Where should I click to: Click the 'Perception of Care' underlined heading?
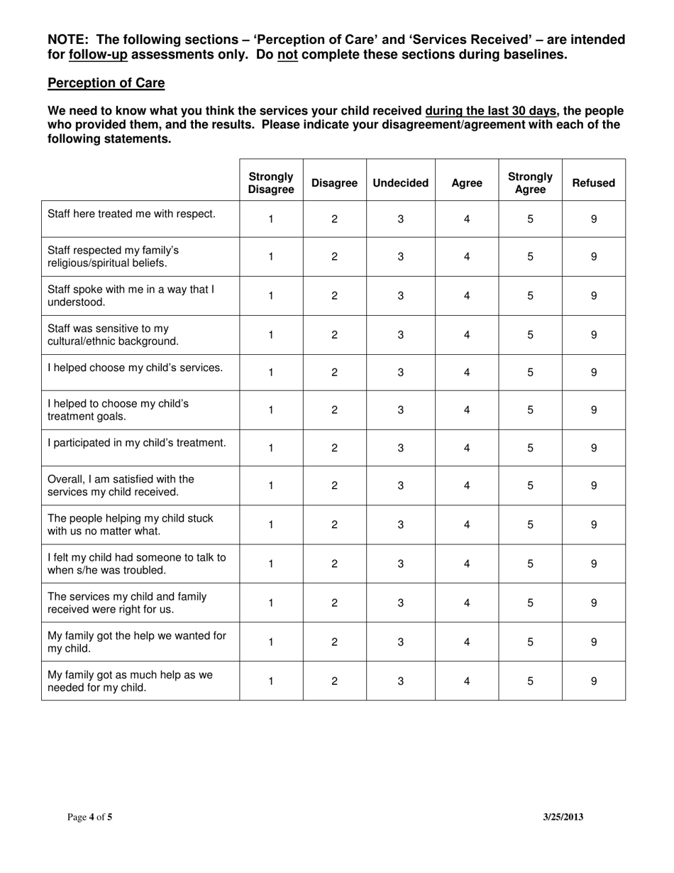[x=106, y=83]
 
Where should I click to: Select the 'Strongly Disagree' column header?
[x=270, y=183]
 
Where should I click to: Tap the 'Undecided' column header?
[x=400, y=183]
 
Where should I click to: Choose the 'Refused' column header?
[x=593, y=183]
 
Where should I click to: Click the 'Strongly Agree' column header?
[x=530, y=183]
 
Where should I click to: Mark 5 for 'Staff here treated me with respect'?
[x=530, y=219]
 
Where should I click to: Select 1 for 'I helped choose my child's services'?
[x=270, y=373]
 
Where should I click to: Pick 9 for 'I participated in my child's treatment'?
[x=593, y=448]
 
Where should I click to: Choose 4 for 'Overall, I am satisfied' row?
[x=467, y=486]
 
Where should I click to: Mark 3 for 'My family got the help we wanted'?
[x=400, y=642]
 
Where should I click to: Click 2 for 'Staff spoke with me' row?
[x=334, y=296]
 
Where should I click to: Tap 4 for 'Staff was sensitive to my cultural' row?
[x=467, y=335]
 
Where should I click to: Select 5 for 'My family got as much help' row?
[x=530, y=681]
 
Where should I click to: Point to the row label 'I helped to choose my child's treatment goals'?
[x=118, y=410]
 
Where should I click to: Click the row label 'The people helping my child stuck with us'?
[x=130, y=525]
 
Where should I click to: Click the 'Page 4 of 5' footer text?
[x=89, y=817]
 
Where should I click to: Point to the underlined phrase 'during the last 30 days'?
[x=490, y=111]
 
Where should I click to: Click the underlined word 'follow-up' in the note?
[x=98, y=55]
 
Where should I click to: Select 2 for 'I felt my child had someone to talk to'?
[x=334, y=564]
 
